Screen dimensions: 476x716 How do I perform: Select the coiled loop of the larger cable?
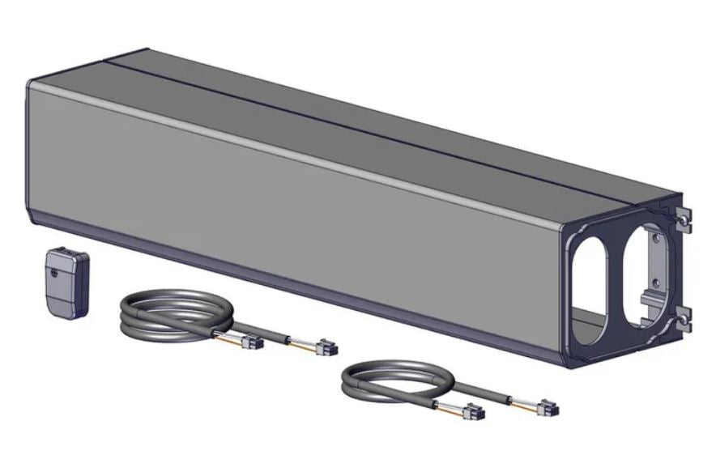tap(167, 312)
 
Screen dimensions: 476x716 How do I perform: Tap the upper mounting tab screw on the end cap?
tap(685, 221)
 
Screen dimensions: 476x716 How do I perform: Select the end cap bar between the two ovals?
tap(618, 275)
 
